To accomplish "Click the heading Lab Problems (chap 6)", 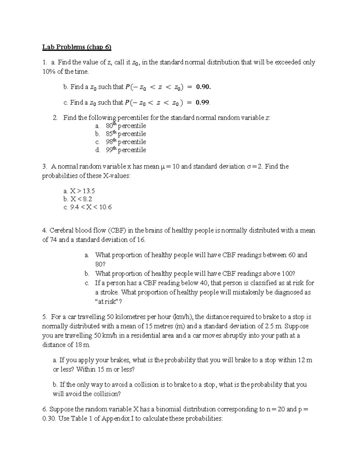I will click(77, 47).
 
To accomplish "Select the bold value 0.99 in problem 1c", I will click(202, 103).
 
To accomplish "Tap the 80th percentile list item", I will click(126, 126).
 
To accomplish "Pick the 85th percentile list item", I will click(126, 134).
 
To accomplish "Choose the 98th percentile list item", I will click(126, 142).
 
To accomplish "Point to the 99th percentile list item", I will click(126, 150).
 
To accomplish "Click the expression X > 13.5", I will click(82, 191).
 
